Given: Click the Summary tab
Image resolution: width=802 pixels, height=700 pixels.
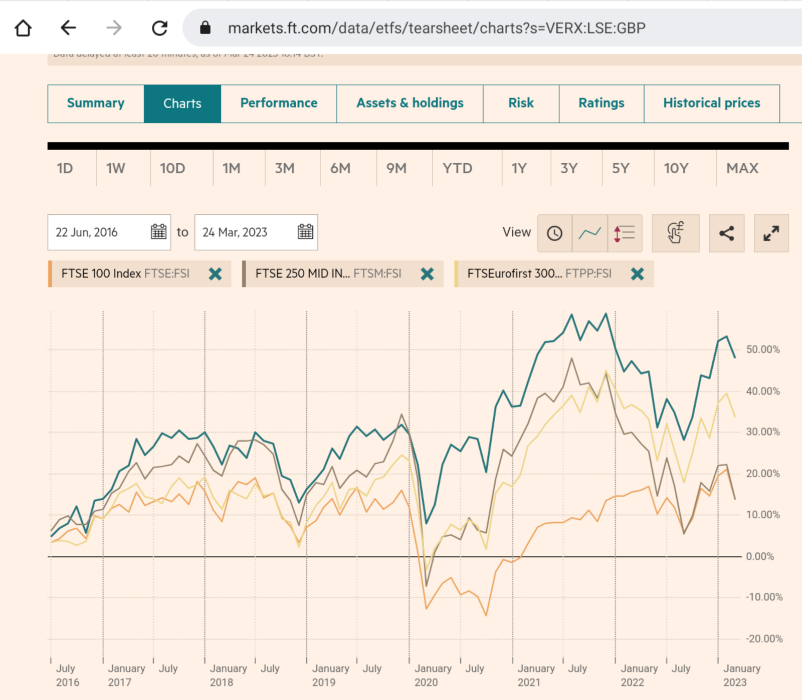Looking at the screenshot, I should tap(96, 103).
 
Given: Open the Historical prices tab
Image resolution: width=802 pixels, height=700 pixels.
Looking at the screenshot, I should tap(711, 103).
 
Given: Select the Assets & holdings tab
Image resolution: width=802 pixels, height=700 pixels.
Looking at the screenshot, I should tap(410, 103).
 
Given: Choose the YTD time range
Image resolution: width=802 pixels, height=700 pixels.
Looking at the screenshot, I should tap(457, 168).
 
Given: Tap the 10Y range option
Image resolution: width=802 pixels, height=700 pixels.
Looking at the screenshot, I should tap(676, 168).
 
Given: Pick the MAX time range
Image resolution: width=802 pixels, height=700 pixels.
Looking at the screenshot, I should tap(742, 168).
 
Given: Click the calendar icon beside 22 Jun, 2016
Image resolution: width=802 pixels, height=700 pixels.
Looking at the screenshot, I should tap(158, 232).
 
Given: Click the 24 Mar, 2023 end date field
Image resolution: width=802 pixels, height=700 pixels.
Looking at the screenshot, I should tap(246, 232).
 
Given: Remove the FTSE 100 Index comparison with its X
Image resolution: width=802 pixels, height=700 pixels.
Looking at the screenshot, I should tap(216, 274).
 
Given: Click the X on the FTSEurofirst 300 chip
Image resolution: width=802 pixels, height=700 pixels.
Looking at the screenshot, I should tap(637, 274).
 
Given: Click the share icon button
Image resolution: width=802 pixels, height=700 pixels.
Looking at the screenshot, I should tap(726, 233).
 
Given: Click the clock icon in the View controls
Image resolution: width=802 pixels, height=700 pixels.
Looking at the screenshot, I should tap(554, 233).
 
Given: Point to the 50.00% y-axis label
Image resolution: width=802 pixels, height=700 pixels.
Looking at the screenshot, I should tap(762, 349).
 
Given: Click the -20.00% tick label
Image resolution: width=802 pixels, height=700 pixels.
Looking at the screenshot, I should tap(764, 639).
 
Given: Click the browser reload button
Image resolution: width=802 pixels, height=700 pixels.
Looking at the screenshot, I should tap(159, 28).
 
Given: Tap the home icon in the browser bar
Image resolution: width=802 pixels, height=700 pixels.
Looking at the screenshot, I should tap(23, 28).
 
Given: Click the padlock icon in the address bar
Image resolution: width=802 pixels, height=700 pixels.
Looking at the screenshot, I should tap(205, 28).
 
